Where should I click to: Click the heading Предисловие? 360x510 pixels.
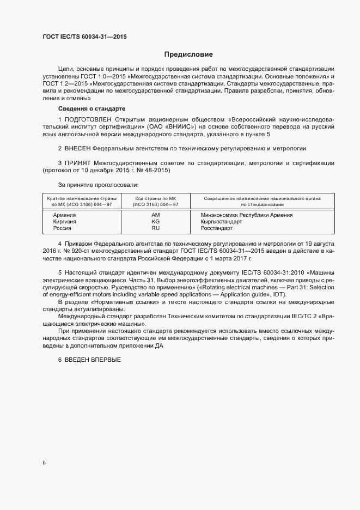tap(188, 54)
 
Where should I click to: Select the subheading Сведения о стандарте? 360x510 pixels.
tap(91, 109)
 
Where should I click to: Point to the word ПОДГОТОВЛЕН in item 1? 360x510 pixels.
tap(88, 119)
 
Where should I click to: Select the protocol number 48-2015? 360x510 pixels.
tap(158, 171)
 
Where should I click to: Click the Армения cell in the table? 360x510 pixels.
tap(64, 215)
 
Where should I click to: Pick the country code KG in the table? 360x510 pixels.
tap(155, 222)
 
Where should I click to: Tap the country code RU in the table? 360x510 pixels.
tap(155, 228)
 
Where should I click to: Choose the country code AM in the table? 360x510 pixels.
tap(155, 215)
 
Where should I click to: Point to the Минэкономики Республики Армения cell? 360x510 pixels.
tap(246, 215)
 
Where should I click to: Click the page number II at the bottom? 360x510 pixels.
tap(44, 463)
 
